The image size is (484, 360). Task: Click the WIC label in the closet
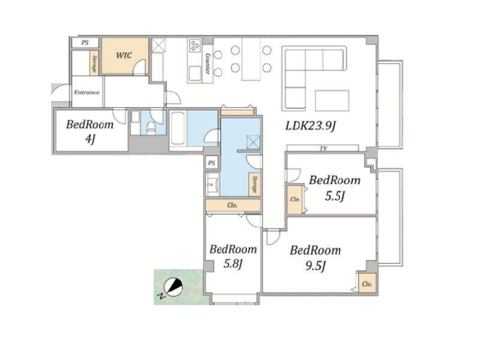click(124, 55)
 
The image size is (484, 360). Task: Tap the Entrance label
click(87, 92)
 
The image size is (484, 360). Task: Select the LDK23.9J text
click(311, 125)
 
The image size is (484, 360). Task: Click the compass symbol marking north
click(173, 287)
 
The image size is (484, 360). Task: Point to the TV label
click(323, 149)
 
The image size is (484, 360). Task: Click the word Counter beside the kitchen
click(208, 64)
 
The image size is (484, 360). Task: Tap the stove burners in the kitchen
click(195, 46)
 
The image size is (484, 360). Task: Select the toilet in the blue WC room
click(151, 128)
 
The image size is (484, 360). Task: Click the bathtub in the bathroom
click(178, 128)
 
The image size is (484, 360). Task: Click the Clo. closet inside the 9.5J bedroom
click(367, 283)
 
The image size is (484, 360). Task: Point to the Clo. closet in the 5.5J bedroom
click(295, 200)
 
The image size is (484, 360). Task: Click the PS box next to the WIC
click(85, 43)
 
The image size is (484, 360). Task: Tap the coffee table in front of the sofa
click(332, 101)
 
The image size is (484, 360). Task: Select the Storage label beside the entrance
click(94, 63)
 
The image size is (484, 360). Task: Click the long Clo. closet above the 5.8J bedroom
click(233, 205)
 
